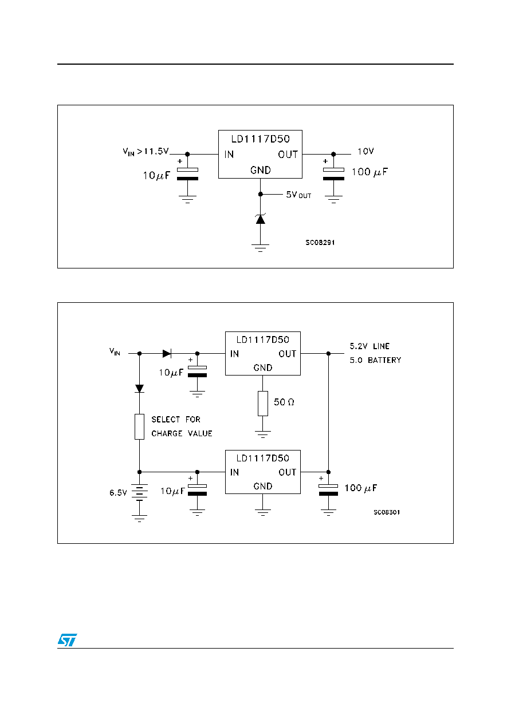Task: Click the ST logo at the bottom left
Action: tap(67, 640)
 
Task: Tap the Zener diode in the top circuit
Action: tap(260, 219)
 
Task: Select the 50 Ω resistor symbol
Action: tap(262, 404)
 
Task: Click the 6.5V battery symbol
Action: tap(139, 492)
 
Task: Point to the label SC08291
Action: tap(320, 242)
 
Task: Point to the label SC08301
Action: tap(387, 512)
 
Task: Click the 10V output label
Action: tap(365, 151)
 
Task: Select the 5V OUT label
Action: tap(298, 195)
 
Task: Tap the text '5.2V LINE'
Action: tap(370, 346)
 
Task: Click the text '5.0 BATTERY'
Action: tap(375, 360)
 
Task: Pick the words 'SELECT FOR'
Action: tap(176, 419)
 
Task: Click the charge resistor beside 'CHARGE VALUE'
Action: tap(139, 426)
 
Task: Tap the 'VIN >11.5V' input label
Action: tap(146, 151)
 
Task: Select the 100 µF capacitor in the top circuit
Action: tap(333, 174)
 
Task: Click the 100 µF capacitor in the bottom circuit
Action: tap(328, 489)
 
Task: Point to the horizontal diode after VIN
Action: tap(167, 353)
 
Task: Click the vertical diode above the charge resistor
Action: tap(139, 388)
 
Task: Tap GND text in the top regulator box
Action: tap(260, 170)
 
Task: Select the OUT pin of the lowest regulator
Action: tap(287, 472)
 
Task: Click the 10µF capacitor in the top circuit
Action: tap(187, 174)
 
